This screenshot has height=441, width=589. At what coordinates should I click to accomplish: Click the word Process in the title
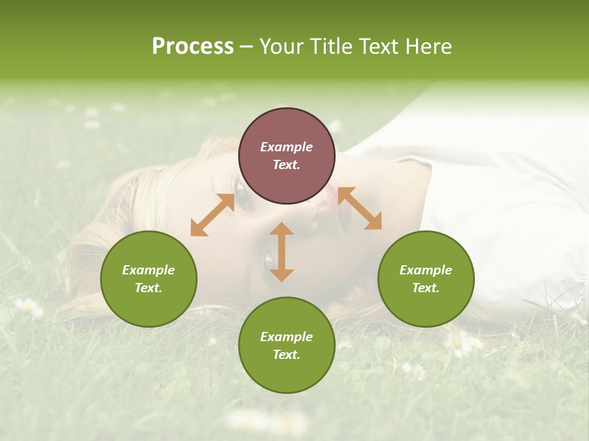pos(193,47)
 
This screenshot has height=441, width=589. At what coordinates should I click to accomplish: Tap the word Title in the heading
pos(331,47)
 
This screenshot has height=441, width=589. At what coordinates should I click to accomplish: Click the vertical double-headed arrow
pos(282,252)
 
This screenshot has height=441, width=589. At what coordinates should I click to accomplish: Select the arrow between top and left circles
pos(212,215)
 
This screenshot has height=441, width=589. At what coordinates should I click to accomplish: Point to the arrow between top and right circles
pos(360,208)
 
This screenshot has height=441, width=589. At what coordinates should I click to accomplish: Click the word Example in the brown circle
pos(287,147)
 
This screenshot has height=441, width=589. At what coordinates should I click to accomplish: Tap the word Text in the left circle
pos(148,288)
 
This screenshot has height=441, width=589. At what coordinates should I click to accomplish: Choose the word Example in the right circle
pos(426,270)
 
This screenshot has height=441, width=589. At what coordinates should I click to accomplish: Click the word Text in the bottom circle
pos(287,355)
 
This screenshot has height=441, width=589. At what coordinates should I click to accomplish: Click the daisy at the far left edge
pos(28,306)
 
